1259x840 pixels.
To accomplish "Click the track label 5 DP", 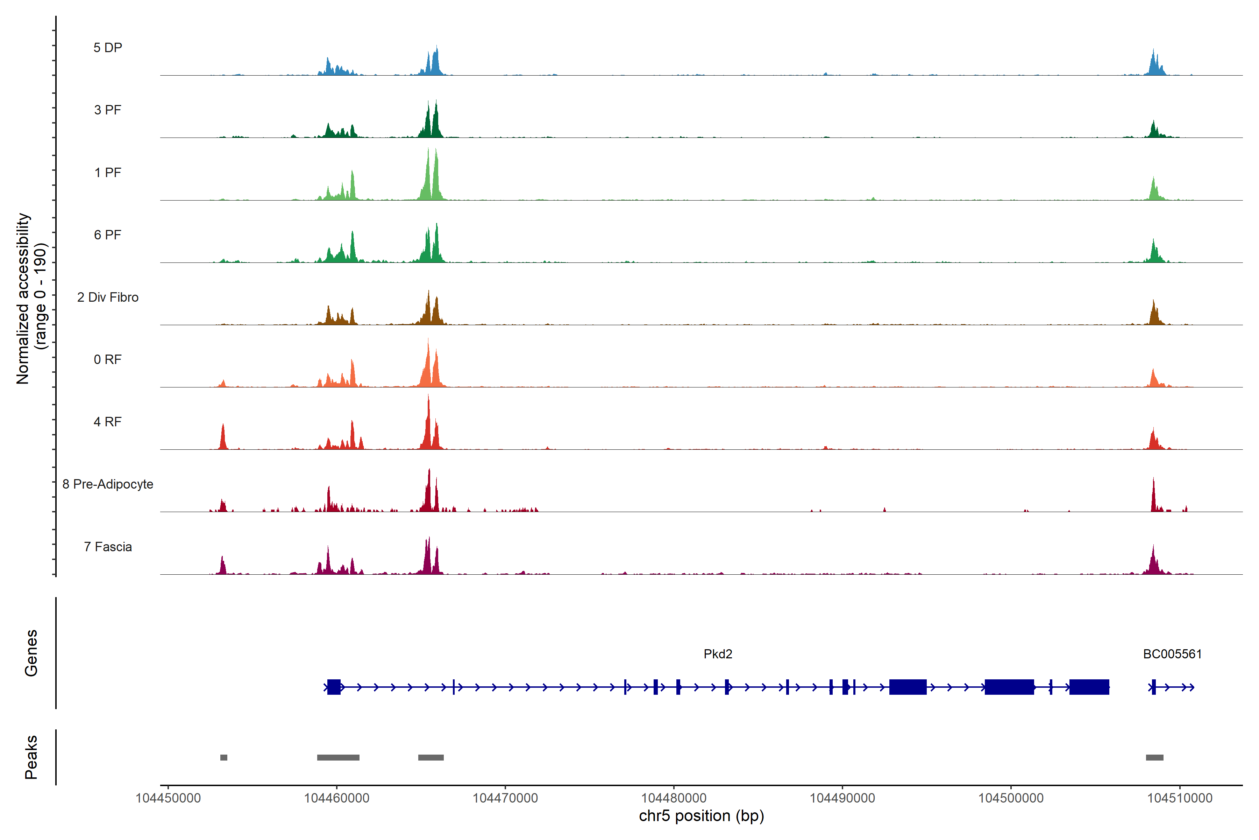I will coord(108,48).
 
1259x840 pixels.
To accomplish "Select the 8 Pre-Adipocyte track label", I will coord(108,484).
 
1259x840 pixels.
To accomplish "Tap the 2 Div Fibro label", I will coord(108,297).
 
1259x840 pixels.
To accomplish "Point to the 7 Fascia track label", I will coord(108,547).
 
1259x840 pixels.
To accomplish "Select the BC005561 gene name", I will coord(1172,654).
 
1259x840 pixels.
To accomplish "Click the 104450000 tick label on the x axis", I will coord(168,798).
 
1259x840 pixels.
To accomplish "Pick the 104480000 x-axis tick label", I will coord(674,798).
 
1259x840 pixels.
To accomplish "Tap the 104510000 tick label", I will coord(1179,798).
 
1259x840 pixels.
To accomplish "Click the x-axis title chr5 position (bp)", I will coord(701,816).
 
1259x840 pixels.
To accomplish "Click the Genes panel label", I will coord(31,653).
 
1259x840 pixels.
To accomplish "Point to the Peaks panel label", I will coord(31,757).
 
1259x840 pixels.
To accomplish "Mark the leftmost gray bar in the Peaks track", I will coord(224,757).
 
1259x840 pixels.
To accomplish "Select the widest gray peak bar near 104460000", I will coord(338,757).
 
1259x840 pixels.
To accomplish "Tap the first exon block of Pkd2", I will coord(334,687).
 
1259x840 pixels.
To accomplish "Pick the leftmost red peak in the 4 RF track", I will coord(223,436).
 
